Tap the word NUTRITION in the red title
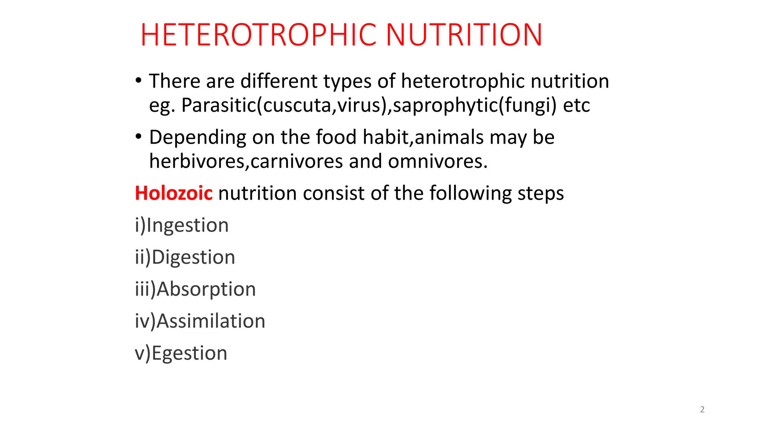464,35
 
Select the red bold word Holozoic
174,193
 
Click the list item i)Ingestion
182,225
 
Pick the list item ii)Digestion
185,257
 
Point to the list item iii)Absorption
196,289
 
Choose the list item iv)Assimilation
200,321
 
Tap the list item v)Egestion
181,353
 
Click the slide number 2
702,410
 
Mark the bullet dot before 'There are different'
139,80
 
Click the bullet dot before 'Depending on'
139,136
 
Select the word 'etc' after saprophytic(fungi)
576,105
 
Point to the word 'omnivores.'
438,162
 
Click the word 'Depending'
197,138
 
